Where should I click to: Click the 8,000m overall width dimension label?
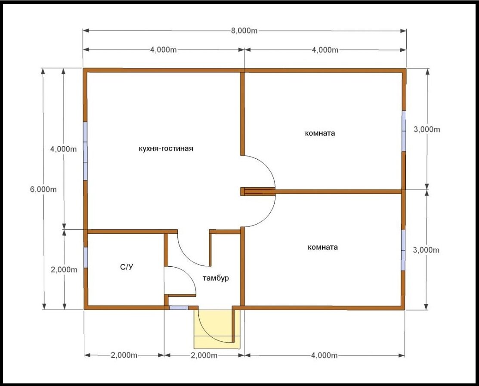click(244, 31)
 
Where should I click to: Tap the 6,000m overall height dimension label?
click(43, 189)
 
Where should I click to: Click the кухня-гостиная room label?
click(166, 149)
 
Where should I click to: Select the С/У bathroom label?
click(127, 267)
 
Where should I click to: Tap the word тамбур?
click(216, 278)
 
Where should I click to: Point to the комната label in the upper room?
click(320, 133)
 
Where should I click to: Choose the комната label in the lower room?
click(323, 247)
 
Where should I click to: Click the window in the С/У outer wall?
click(86, 257)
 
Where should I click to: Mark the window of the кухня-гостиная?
click(85, 151)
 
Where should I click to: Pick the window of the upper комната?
click(404, 131)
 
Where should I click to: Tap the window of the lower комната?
click(403, 250)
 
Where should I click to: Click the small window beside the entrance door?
click(179, 308)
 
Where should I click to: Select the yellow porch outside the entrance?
click(217, 329)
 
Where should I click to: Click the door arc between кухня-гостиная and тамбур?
click(189, 255)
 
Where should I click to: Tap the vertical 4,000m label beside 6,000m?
click(64, 149)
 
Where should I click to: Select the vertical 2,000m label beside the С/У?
click(64, 270)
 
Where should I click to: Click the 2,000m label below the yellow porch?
click(204, 355)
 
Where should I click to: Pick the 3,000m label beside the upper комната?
click(427, 130)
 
